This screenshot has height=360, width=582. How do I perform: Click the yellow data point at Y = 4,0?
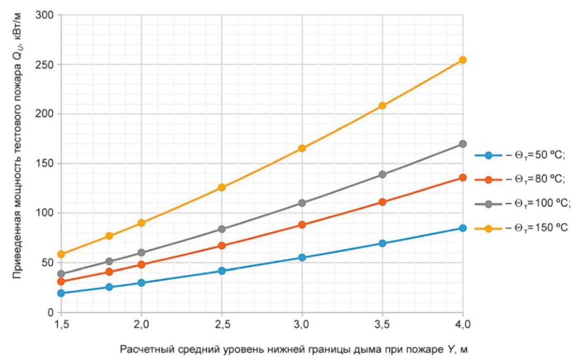(x=463, y=60)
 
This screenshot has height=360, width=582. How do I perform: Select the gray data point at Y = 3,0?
(x=302, y=203)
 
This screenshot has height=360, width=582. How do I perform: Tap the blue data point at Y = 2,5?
(x=222, y=271)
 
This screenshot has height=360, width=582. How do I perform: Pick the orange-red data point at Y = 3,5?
(x=382, y=202)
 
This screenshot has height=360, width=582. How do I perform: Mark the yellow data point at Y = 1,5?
(x=61, y=254)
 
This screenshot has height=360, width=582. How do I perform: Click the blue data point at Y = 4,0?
(x=463, y=228)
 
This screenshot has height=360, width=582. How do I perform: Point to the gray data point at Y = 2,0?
(x=142, y=253)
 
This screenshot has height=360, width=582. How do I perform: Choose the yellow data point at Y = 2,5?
(x=222, y=187)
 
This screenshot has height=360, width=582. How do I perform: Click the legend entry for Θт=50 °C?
(x=520, y=155)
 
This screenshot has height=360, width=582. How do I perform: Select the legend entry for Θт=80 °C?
(x=520, y=179)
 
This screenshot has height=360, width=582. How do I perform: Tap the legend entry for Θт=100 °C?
(x=523, y=204)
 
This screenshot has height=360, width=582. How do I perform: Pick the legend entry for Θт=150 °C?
(x=521, y=228)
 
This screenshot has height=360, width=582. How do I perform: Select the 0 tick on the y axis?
(x=51, y=312)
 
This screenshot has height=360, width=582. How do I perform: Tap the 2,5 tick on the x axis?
(x=222, y=325)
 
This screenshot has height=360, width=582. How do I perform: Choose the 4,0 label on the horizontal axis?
(x=463, y=325)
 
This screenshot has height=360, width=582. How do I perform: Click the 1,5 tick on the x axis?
(x=61, y=325)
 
